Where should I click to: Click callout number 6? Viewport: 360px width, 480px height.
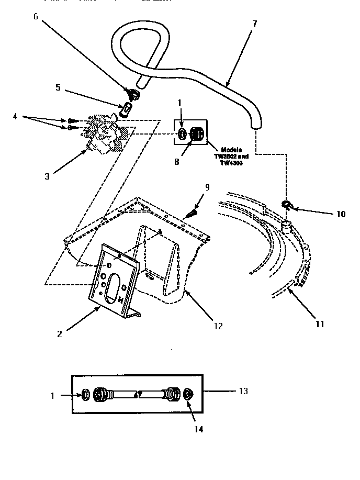click(36, 16)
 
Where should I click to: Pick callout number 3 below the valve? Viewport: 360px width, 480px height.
click(47, 176)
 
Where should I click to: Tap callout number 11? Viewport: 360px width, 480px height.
click(319, 324)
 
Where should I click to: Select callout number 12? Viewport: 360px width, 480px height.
click(218, 326)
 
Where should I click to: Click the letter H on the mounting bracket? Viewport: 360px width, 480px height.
click(121, 300)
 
